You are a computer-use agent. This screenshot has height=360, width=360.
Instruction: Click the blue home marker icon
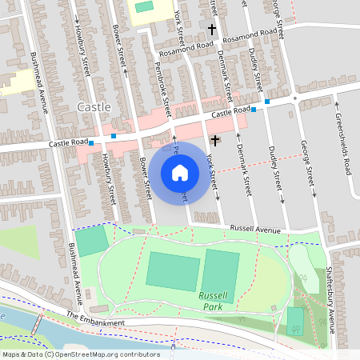coord(180,172)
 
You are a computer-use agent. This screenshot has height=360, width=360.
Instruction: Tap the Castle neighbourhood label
coord(94,106)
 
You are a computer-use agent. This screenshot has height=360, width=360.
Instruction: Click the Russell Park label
coord(213,301)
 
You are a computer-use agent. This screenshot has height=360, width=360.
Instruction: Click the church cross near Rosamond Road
coord(212,30)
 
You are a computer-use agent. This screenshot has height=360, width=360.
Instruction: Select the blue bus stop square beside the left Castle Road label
coord(92,143)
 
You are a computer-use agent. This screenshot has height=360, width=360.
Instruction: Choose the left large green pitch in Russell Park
coord(173,272)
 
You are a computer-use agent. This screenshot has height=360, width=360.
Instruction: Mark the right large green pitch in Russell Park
coord(221,269)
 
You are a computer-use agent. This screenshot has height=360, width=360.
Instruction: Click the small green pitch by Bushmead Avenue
coord(91,241)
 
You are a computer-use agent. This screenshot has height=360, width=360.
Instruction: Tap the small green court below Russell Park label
coord(295,320)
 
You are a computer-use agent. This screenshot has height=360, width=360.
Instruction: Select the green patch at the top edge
coord(144,6)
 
